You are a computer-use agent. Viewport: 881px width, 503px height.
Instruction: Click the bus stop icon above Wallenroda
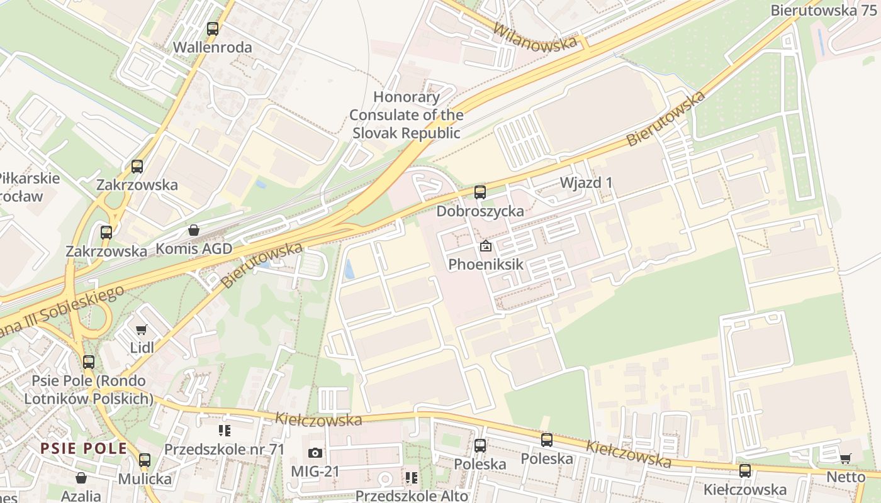point(213,28)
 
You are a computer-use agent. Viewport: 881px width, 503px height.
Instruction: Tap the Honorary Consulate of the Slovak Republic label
point(407,115)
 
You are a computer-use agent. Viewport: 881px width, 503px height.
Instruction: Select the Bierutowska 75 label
point(822,11)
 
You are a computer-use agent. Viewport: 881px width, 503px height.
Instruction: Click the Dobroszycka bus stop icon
point(480,192)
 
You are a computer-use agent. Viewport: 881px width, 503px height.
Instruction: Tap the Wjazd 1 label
point(586,182)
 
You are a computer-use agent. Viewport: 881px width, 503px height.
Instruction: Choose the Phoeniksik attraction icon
point(485,246)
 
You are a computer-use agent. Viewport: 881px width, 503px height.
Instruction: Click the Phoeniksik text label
point(485,264)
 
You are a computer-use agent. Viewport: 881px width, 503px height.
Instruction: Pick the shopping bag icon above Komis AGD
point(194,231)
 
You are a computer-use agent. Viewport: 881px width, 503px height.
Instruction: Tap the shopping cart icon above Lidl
point(142,329)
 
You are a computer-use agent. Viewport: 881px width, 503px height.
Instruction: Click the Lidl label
point(142,348)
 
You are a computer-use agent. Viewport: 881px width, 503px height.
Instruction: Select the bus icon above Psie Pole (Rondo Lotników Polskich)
point(89,362)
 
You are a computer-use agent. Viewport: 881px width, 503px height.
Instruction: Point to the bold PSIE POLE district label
point(84,448)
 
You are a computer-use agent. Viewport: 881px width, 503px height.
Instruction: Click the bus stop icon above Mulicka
point(145,460)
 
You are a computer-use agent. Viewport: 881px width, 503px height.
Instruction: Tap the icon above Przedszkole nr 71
point(224,431)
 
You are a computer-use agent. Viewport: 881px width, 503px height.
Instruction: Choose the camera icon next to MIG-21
point(315,453)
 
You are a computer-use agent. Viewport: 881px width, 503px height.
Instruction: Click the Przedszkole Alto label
point(412,495)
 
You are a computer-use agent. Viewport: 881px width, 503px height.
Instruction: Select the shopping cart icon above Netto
point(846,458)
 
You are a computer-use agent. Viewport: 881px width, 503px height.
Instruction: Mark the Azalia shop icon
point(81,478)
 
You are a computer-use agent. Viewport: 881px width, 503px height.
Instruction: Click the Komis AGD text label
point(194,248)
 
